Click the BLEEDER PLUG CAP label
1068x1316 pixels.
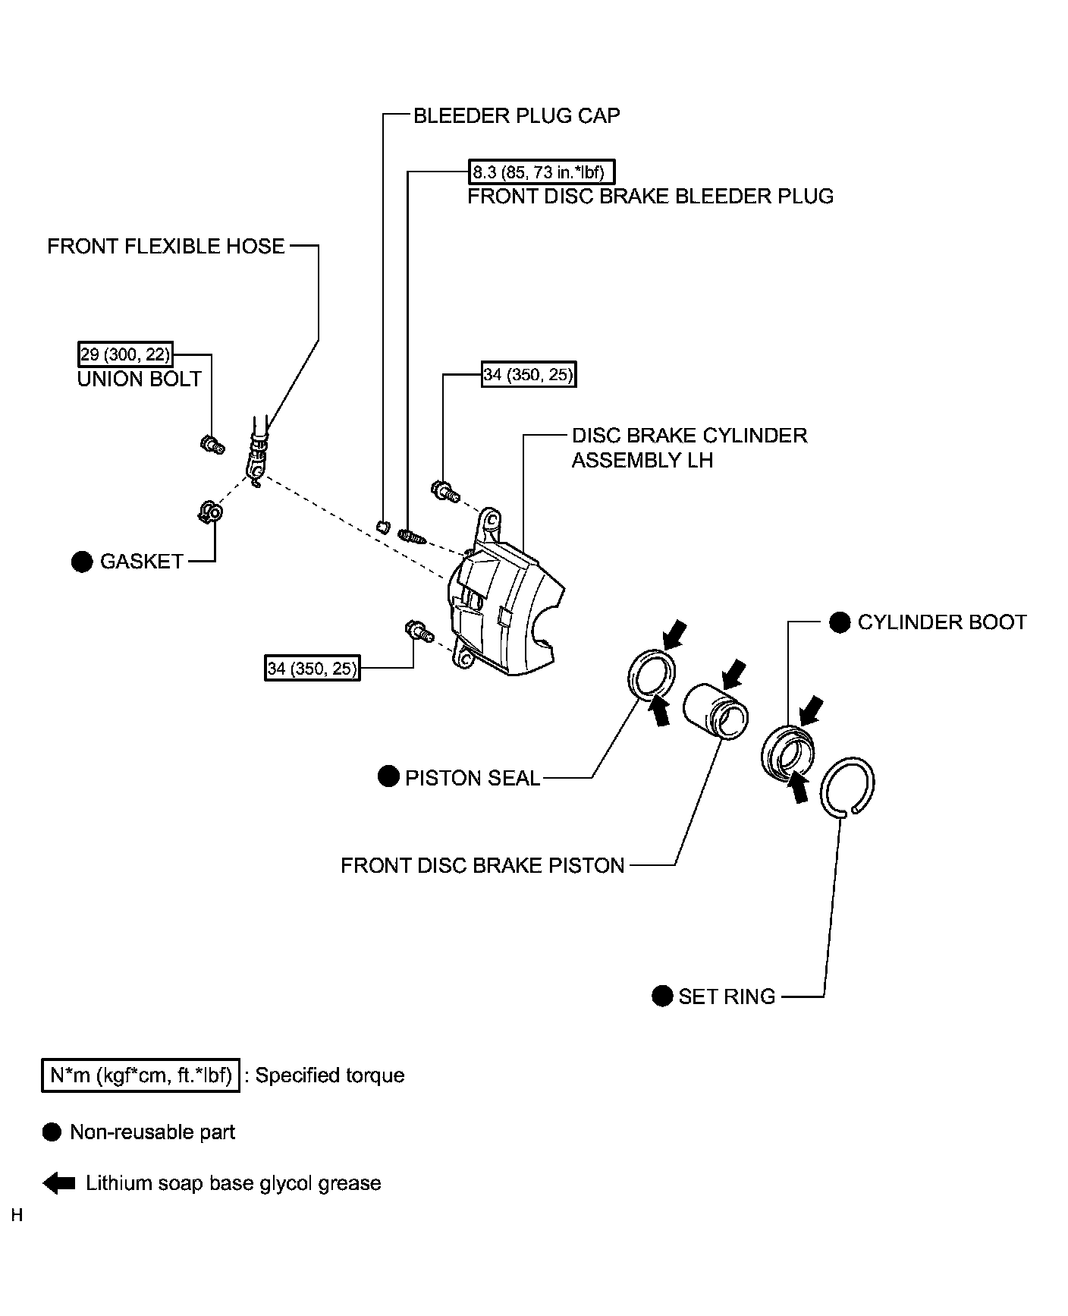[x=516, y=115]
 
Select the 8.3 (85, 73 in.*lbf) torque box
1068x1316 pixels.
[x=538, y=172]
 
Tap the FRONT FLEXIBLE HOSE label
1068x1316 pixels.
[x=165, y=246]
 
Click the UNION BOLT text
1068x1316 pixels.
[x=140, y=379]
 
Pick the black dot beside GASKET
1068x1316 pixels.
[x=81, y=562]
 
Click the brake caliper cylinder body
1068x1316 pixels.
[x=501, y=607]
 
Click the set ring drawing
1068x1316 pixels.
[x=849, y=787]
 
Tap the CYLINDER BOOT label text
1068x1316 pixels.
[x=941, y=622]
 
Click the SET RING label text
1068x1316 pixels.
[x=727, y=996]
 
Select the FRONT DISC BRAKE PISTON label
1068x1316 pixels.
[x=482, y=865]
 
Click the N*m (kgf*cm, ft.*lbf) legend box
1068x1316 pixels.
[x=140, y=1075]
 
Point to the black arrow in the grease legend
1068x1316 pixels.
[x=58, y=1183]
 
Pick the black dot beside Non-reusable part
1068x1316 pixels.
[x=52, y=1132]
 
